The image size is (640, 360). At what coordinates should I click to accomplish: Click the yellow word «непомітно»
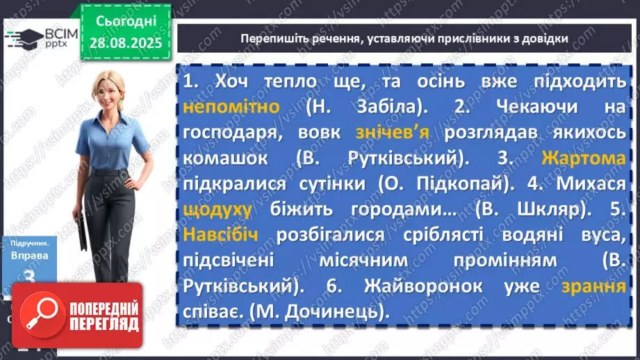point(232,107)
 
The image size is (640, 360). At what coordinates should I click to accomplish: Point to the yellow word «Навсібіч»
point(221,235)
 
